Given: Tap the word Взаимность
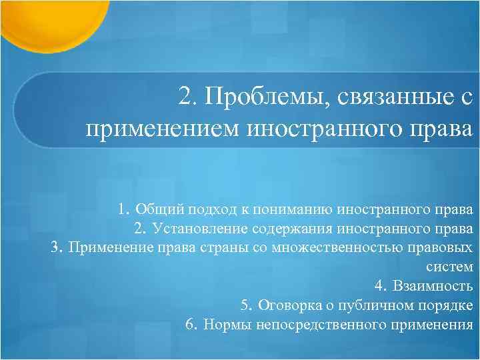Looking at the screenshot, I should click(433, 287).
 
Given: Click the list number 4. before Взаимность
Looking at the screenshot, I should click(381, 287).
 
